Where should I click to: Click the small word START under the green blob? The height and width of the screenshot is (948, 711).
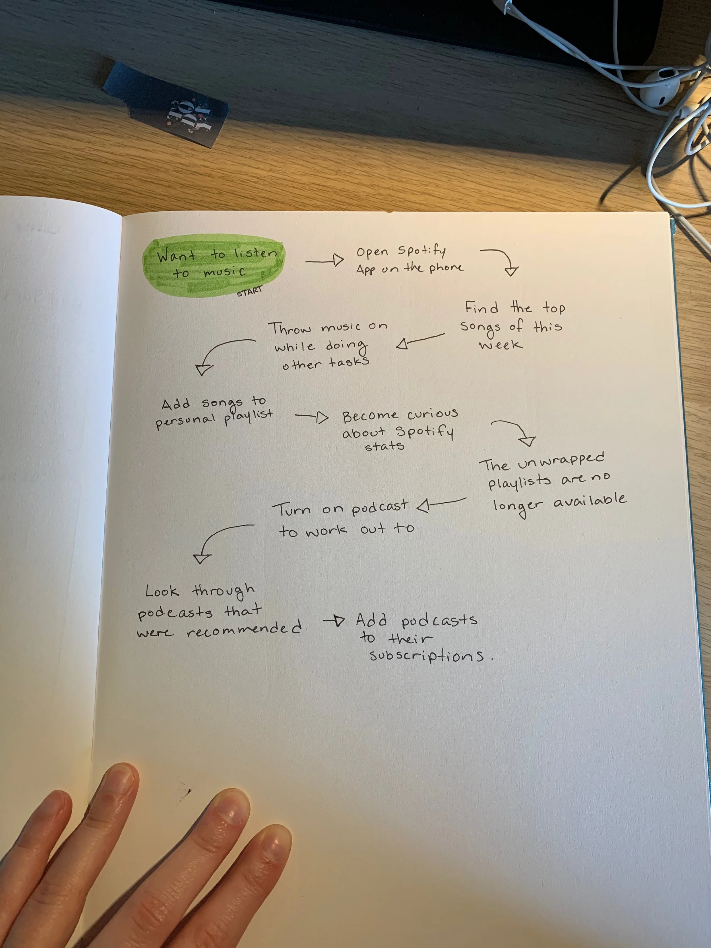tap(249, 291)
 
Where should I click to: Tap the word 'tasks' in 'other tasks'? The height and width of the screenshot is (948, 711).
tap(349, 362)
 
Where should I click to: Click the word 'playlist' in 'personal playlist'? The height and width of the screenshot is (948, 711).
tap(248, 417)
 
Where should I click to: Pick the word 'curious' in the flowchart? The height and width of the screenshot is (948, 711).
tap(432, 414)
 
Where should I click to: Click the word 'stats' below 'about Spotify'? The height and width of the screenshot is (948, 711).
tap(385, 446)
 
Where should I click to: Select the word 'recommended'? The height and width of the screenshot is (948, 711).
tap(244, 629)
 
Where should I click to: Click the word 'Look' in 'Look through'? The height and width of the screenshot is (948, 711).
tap(162, 592)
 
